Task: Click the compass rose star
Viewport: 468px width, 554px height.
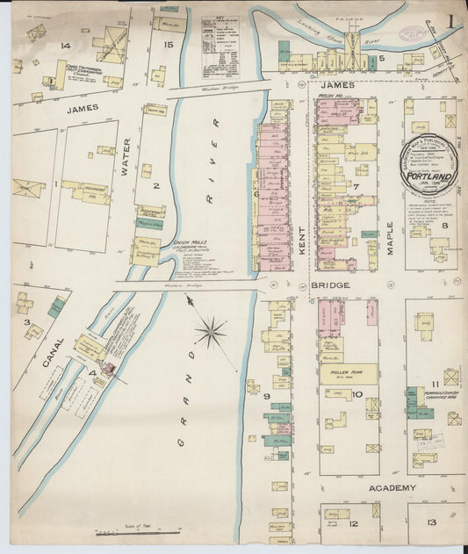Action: [x=211, y=332]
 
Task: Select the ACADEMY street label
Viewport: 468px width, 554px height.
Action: [x=392, y=486]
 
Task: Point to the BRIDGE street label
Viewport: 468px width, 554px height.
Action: [x=331, y=285]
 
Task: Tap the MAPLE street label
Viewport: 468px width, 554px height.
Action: [x=390, y=234]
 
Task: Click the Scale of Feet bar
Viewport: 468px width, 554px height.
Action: [x=137, y=532]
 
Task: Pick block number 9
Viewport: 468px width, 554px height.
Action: [x=265, y=397]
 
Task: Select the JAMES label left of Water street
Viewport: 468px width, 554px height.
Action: [x=57, y=108]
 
